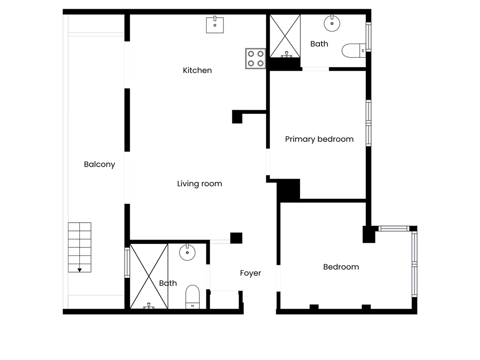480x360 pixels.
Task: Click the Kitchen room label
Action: [x=197, y=71]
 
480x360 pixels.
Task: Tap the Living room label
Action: [x=199, y=184]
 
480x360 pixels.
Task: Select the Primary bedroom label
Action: [x=319, y=139]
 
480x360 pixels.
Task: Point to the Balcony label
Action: [x=100, y=165]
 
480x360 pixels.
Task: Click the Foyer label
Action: [x=251, y=273]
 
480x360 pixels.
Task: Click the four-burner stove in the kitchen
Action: [x=255, y=59]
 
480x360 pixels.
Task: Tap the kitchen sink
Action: [x=215, y=25]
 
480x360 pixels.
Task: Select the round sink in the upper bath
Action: [x=332, y=23]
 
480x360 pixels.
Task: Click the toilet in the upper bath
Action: [x=354, y=50]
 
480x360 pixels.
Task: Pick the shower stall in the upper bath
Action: [x=285, y=36]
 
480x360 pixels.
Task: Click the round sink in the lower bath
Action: [x=187, y=252]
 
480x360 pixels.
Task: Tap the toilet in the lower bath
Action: [x=193, y=297]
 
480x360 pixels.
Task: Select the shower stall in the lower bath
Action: [x=149, y=276]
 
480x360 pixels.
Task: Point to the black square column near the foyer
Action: [x=236, y=238]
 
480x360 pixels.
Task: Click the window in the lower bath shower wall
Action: [x=127, y=263]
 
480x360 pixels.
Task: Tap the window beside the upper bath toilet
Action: [x=369, y=37]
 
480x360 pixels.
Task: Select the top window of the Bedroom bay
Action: [x=394, y=229]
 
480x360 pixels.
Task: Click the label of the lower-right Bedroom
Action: [x=341, y=267]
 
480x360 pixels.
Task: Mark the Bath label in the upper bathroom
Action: [x=319, y=44]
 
